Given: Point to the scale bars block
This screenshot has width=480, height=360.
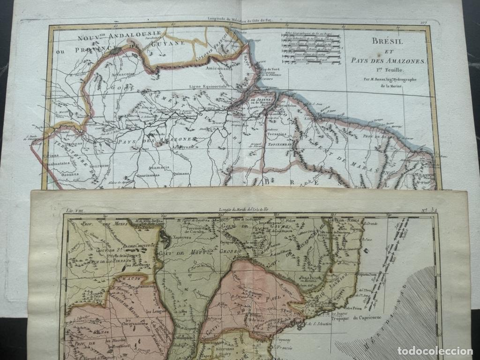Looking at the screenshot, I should [311, 48].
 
